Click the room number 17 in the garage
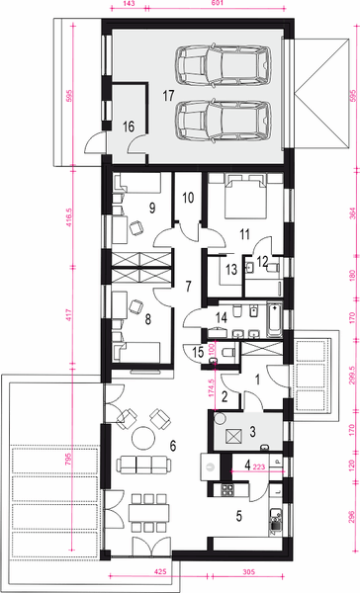169,94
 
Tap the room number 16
129,127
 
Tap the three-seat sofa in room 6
138,464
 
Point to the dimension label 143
129,5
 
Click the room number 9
152,208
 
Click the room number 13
229,269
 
